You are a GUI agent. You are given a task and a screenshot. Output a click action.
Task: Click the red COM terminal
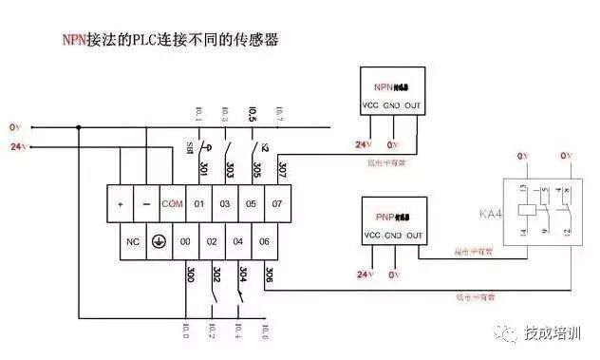172,204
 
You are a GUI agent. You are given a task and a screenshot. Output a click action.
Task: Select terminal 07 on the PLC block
278,204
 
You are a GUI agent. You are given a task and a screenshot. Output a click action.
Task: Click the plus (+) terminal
121,204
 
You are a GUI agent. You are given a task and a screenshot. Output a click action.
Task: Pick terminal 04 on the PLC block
238,241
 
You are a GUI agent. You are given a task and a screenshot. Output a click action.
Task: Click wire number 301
203,169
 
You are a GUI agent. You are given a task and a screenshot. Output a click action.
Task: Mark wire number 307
282,169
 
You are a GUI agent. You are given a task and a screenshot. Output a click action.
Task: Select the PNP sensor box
390,219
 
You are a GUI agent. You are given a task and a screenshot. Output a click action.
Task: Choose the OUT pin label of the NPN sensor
412,104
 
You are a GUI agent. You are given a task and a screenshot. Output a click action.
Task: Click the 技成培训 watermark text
553,332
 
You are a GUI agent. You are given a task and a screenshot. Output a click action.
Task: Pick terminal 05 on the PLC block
252,204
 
